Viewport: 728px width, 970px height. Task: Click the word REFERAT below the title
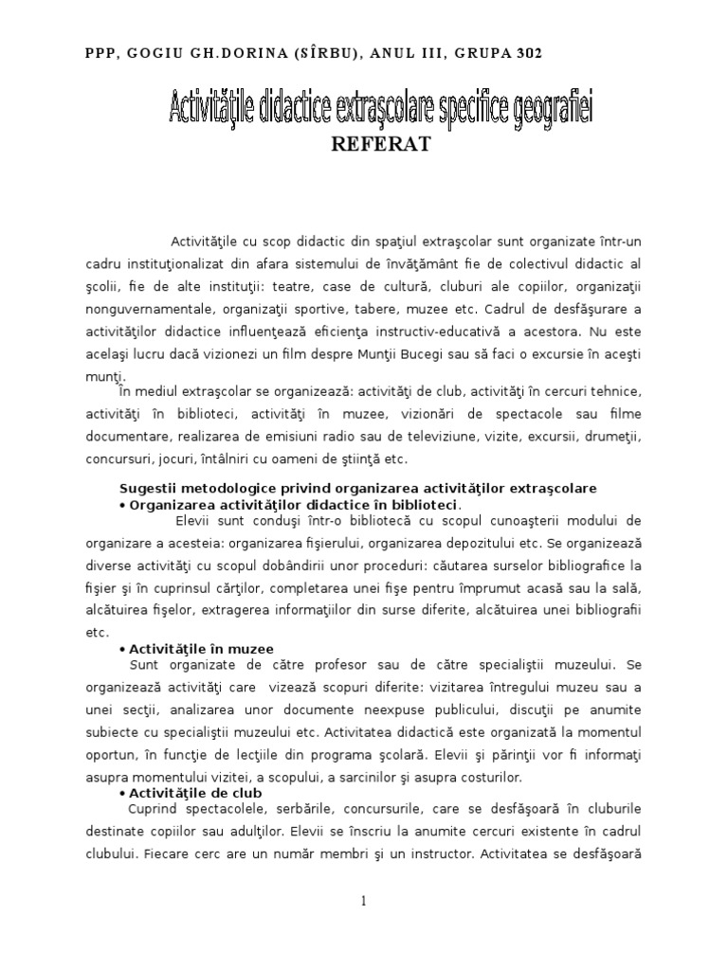[380, 145]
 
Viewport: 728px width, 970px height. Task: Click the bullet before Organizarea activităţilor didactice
[123, 505]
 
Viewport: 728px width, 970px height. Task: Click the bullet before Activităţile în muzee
[123, 649]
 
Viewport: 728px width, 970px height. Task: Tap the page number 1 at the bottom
[364, 903]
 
